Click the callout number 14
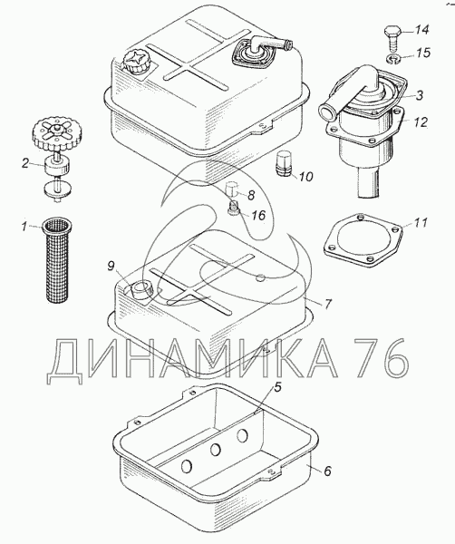tap(422, 30)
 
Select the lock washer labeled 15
tap(393, 60)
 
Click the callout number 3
tap(420, 95)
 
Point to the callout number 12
tap(420, 122)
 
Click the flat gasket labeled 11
tap(363, 240)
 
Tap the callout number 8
tap(251, 195)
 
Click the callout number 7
tap(328, 304)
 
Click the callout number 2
tap(25, 163)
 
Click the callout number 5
tap(277, 388)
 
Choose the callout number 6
tap(327, 471)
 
